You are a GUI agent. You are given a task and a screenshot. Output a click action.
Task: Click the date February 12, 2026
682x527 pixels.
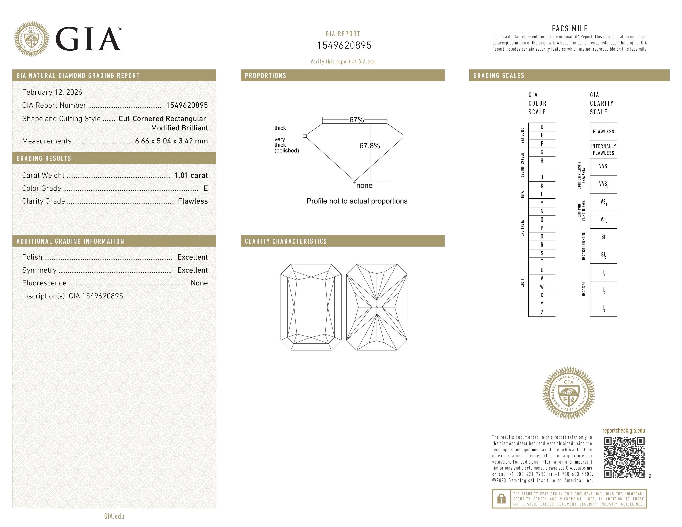pos(52,92)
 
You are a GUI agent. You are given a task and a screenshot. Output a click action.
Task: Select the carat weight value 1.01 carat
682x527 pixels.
pos(191,175)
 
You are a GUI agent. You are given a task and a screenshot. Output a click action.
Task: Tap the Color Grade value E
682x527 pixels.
pos(205,188)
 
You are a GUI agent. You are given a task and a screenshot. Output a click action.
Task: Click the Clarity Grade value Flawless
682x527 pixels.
pos(193,201)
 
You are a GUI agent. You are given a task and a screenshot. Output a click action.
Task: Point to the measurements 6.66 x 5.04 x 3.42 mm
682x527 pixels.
pos(171,141)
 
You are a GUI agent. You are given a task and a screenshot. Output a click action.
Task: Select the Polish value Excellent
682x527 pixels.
pos(192,257)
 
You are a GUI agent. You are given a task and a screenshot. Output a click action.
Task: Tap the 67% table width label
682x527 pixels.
pos(356,120)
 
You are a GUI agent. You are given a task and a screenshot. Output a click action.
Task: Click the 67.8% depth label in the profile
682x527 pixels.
pos(370,146)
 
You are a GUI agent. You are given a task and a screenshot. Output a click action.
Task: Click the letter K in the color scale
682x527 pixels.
pos(542,186)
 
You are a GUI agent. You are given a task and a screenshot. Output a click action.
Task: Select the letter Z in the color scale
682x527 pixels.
pos(542,312)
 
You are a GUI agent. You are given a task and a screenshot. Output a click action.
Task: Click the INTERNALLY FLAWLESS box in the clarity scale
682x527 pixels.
pos(603,150)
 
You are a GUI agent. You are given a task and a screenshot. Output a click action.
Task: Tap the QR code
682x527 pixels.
pos(624,457)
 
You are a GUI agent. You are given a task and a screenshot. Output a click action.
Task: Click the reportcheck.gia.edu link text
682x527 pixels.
pos(623,430)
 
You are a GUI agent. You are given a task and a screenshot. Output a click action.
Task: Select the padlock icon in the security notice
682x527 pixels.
pos(501,499)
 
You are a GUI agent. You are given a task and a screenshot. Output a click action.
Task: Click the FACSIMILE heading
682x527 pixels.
pos(570,28)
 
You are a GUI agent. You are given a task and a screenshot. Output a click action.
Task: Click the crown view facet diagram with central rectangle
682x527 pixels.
pos(311,307)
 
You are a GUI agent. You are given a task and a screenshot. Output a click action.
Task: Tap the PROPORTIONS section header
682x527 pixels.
pos(265,76)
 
